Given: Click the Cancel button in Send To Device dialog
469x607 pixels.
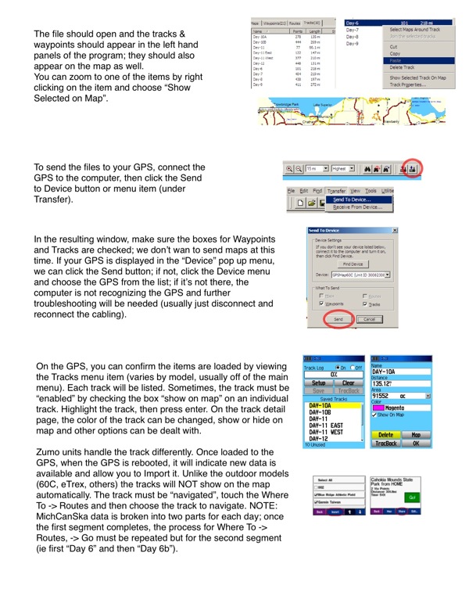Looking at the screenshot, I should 369,320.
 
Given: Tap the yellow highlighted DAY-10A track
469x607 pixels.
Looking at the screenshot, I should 322,405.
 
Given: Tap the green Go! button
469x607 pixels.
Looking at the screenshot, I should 434,517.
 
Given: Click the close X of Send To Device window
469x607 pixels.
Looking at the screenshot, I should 392,231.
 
